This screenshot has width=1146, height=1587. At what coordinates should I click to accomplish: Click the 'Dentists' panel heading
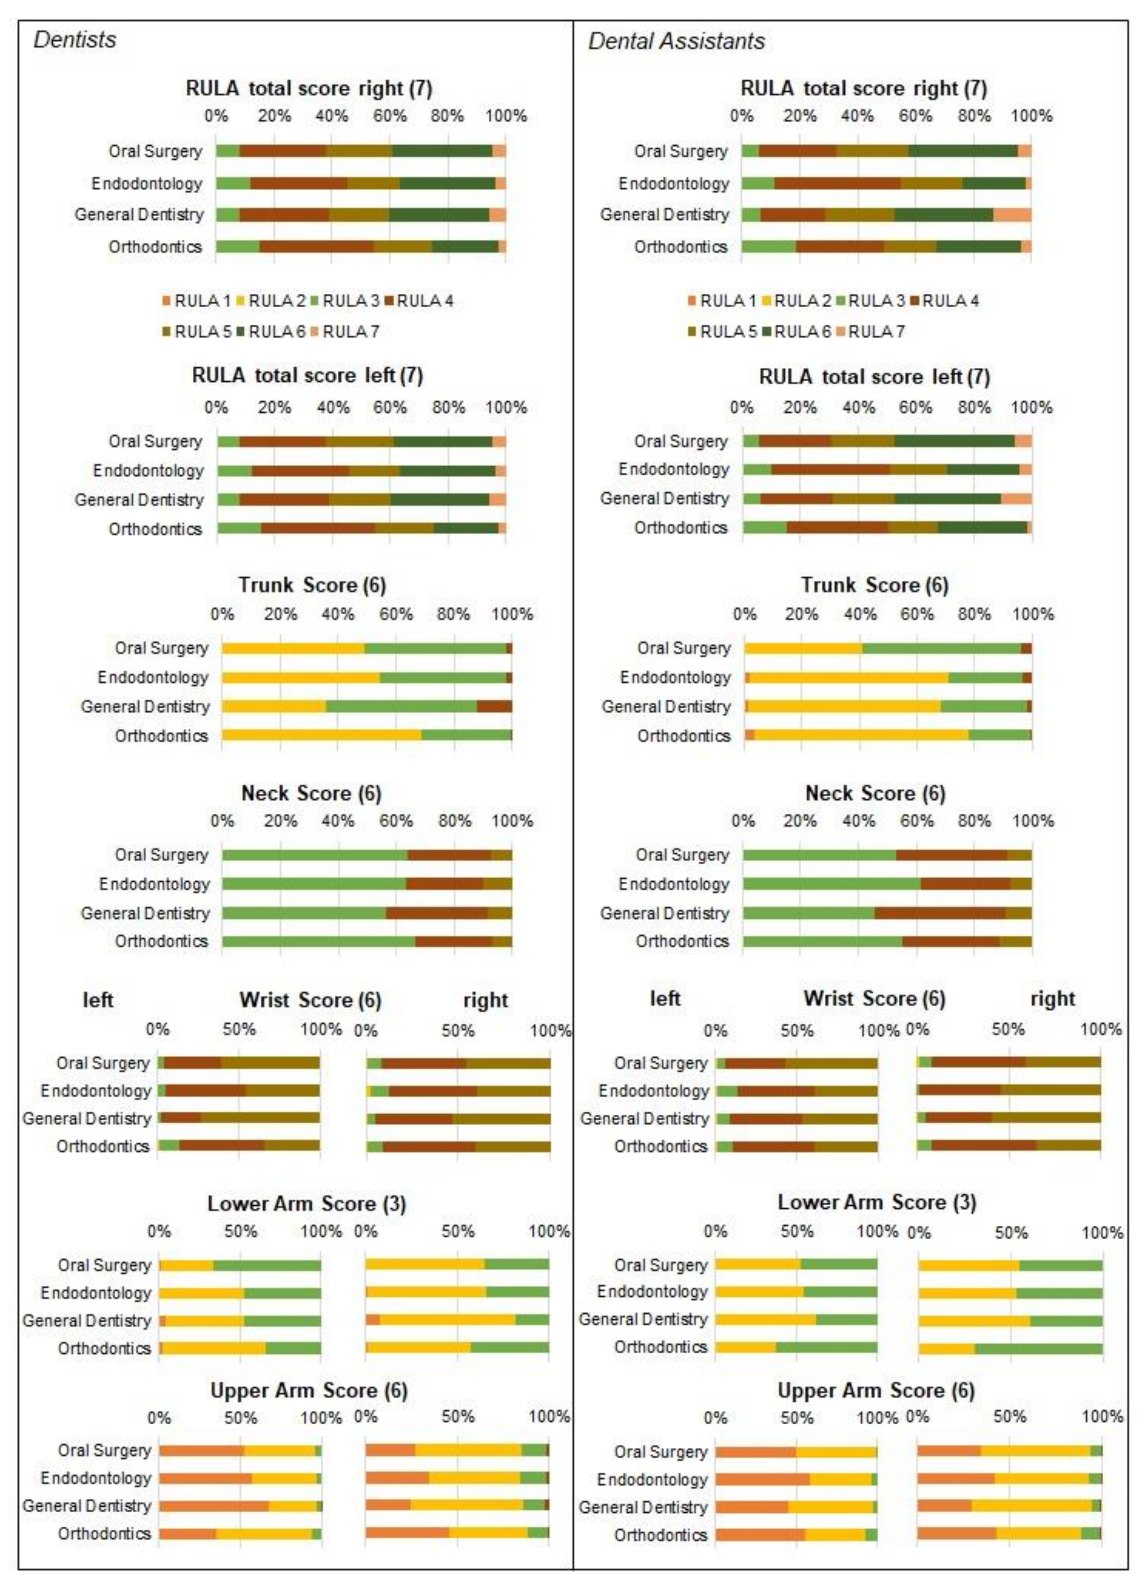[75, 40]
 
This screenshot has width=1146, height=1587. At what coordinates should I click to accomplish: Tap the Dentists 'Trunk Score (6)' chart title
[312, 585]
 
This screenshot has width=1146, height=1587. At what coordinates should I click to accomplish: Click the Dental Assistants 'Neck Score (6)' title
[875, 793]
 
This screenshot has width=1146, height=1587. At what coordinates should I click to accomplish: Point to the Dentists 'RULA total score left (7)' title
[307, 376]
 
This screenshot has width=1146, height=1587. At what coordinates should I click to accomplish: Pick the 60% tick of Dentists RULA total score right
[390, 116]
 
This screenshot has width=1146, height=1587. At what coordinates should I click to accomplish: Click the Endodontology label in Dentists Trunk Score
[153, 677]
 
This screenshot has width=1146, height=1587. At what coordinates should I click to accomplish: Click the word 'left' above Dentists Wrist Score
[98, 1000]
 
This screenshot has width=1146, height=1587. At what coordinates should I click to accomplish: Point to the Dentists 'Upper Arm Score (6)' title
[309, 1391]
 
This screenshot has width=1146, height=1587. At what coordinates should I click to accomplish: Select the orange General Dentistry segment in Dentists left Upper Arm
[214, 1506]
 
